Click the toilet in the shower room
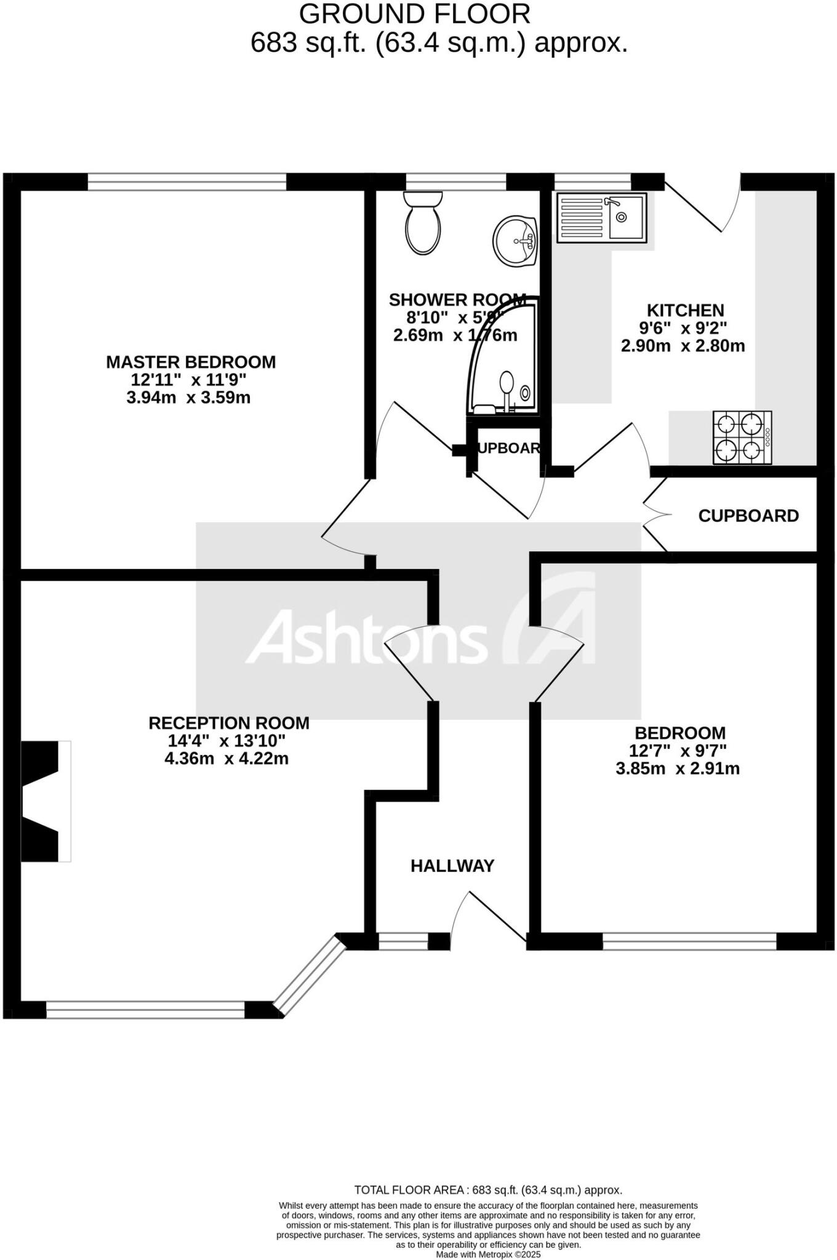click(423, 223)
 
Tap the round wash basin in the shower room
click(515, 241)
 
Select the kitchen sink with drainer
click(601, 217)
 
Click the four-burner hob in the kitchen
click(742, 437)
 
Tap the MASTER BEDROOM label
click(191, 362)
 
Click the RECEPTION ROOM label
click(229, 723)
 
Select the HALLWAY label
click(452, 866)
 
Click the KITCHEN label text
click(685, 310)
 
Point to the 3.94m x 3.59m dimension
click(188, 397)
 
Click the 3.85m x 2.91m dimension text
click(678, 768)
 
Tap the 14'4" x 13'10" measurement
click(226, 741)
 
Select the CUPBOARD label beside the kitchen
click(748, 516)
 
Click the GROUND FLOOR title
click(414, 14)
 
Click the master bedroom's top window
click(186, 181)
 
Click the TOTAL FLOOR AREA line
click(488, 1190)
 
